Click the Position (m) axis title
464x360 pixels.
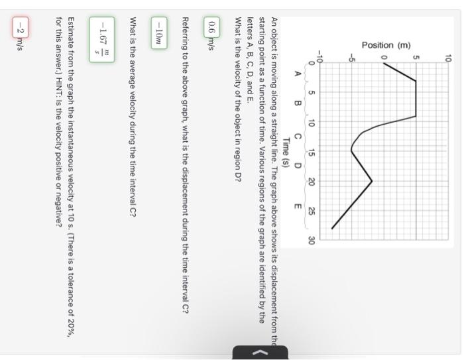point(369,46)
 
